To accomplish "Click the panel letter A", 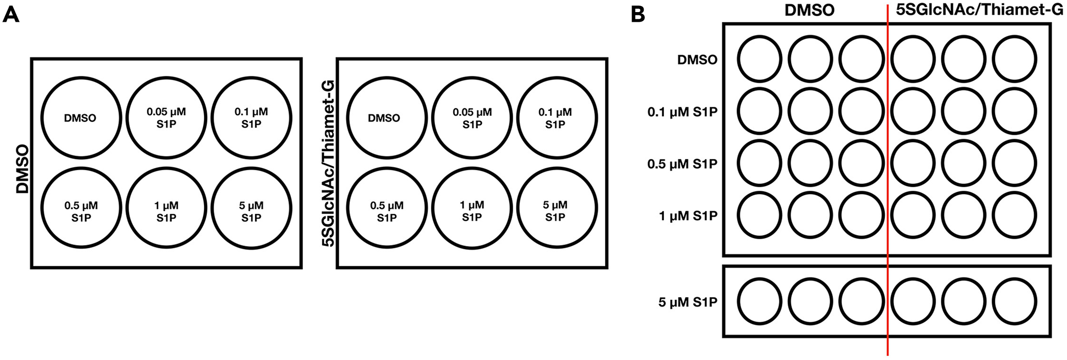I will [11, 15].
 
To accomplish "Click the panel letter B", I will [638, 15].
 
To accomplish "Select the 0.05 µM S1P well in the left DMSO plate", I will [166, 118].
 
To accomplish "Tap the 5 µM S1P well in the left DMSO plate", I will [251, 208].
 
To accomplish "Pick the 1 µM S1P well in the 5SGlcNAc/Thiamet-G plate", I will [472, 208].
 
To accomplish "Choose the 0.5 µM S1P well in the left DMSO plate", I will [81, 208].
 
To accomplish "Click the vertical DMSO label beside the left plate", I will [23, 170].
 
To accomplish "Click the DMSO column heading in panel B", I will [809, 11].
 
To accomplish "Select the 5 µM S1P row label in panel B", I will [688, 302].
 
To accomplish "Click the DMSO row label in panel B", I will [697, 60].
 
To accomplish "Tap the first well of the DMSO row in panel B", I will [759, 59].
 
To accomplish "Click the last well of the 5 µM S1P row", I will [1014, 301].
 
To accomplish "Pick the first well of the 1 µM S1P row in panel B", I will [759, 215].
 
